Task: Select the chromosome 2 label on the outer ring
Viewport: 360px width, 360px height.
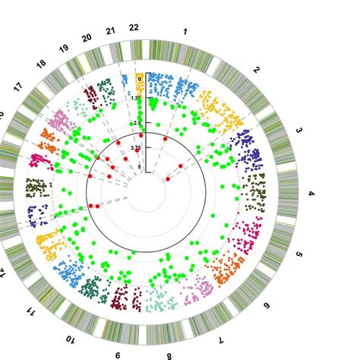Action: point(257,70)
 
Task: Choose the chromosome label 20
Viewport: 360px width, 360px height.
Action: point(87,36)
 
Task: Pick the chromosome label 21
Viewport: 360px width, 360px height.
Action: point(111,30)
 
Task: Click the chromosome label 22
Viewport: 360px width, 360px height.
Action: point(134,28)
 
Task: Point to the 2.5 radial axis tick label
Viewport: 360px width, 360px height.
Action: point(137,122)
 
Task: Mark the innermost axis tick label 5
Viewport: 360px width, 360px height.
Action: point(139,168)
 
